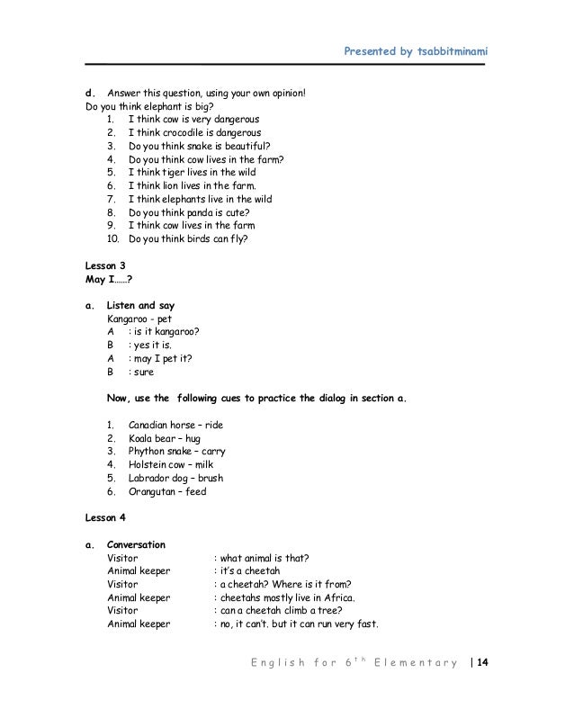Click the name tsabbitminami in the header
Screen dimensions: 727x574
pyautogui.click(x=446, y=51)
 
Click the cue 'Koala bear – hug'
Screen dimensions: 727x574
pyautogui.click(x=165, y=438)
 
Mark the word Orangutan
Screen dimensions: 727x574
pyautogui.click(x=154, y=492)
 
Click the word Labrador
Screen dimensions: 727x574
pyautogui.click(x=150, y=479)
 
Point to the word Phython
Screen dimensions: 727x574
pyautogui.click(x=148, y=452)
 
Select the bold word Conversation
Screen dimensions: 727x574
pyautogui.click(x=136, y=544)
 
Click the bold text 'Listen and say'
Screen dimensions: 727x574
pyautogui.click(x=140, y=305)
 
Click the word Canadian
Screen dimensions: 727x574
pyautogui.click(x=150, y=425)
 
